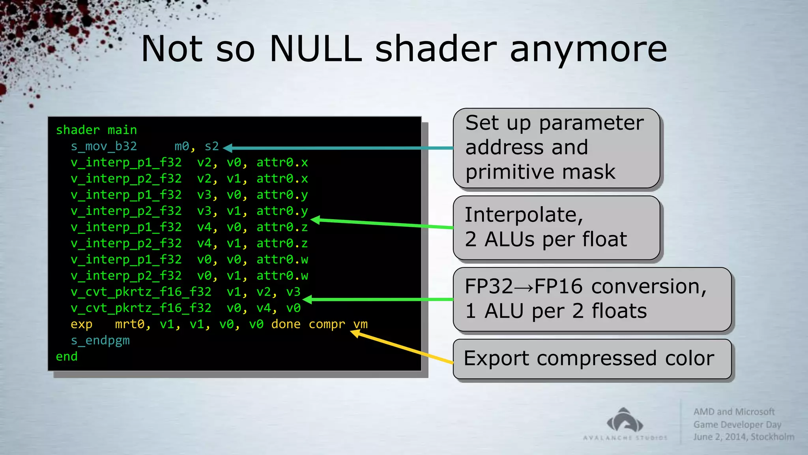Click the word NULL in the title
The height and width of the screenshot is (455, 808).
315,49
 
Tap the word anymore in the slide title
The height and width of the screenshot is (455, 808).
588,50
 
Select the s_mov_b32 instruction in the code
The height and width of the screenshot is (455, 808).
104,147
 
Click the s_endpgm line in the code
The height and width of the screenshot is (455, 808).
100,340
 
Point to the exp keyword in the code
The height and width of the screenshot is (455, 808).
81,324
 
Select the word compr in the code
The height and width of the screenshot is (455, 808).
327,324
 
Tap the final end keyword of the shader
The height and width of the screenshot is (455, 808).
67,357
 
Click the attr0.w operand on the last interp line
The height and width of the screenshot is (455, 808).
282,276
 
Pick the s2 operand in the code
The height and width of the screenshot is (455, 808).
211,147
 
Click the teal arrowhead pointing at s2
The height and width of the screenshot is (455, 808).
228,148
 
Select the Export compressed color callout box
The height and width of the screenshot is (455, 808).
592,359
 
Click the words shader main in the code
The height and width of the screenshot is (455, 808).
96,130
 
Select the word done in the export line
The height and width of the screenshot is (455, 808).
286,324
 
